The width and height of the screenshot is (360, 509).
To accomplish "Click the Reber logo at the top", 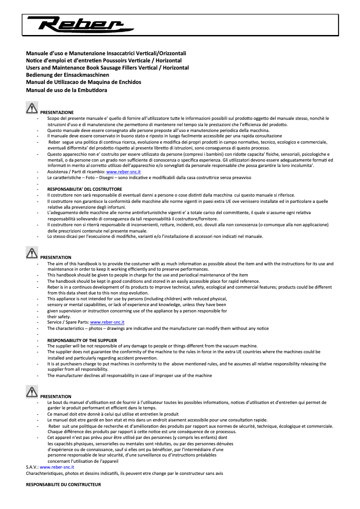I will pos(75,23).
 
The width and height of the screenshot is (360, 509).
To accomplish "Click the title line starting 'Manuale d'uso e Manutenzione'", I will pos(106,53).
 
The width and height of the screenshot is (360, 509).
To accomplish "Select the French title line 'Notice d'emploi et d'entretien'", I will pos(104,61).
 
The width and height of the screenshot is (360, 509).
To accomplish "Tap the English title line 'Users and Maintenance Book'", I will pos(107,68).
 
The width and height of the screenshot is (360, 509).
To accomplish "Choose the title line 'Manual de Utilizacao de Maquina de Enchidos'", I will pos(83,82).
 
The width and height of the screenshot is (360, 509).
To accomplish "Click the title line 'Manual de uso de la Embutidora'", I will pos(66,90).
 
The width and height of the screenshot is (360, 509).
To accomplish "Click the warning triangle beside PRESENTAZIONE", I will pos(32,108).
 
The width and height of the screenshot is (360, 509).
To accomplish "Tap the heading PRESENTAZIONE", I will pos(57,112).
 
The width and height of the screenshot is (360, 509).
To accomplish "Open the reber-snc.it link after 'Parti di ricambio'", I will pos(123,172).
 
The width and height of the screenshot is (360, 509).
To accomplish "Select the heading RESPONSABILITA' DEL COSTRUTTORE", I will pos(84,189).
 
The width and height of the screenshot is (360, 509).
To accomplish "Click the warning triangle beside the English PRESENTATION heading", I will pos(32,253).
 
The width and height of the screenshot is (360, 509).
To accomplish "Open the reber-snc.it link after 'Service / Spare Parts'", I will pos(107,322).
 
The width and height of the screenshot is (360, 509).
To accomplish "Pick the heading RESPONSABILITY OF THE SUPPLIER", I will pos(82,340).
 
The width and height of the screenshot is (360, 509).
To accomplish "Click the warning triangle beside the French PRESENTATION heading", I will pos(32,392).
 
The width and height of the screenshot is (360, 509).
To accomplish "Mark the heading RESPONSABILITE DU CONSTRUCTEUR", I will pos(63,485).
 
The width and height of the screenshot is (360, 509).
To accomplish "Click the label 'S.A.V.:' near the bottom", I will pos(32,467).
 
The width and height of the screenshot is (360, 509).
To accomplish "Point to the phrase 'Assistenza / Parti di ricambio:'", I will pos(76,172).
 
